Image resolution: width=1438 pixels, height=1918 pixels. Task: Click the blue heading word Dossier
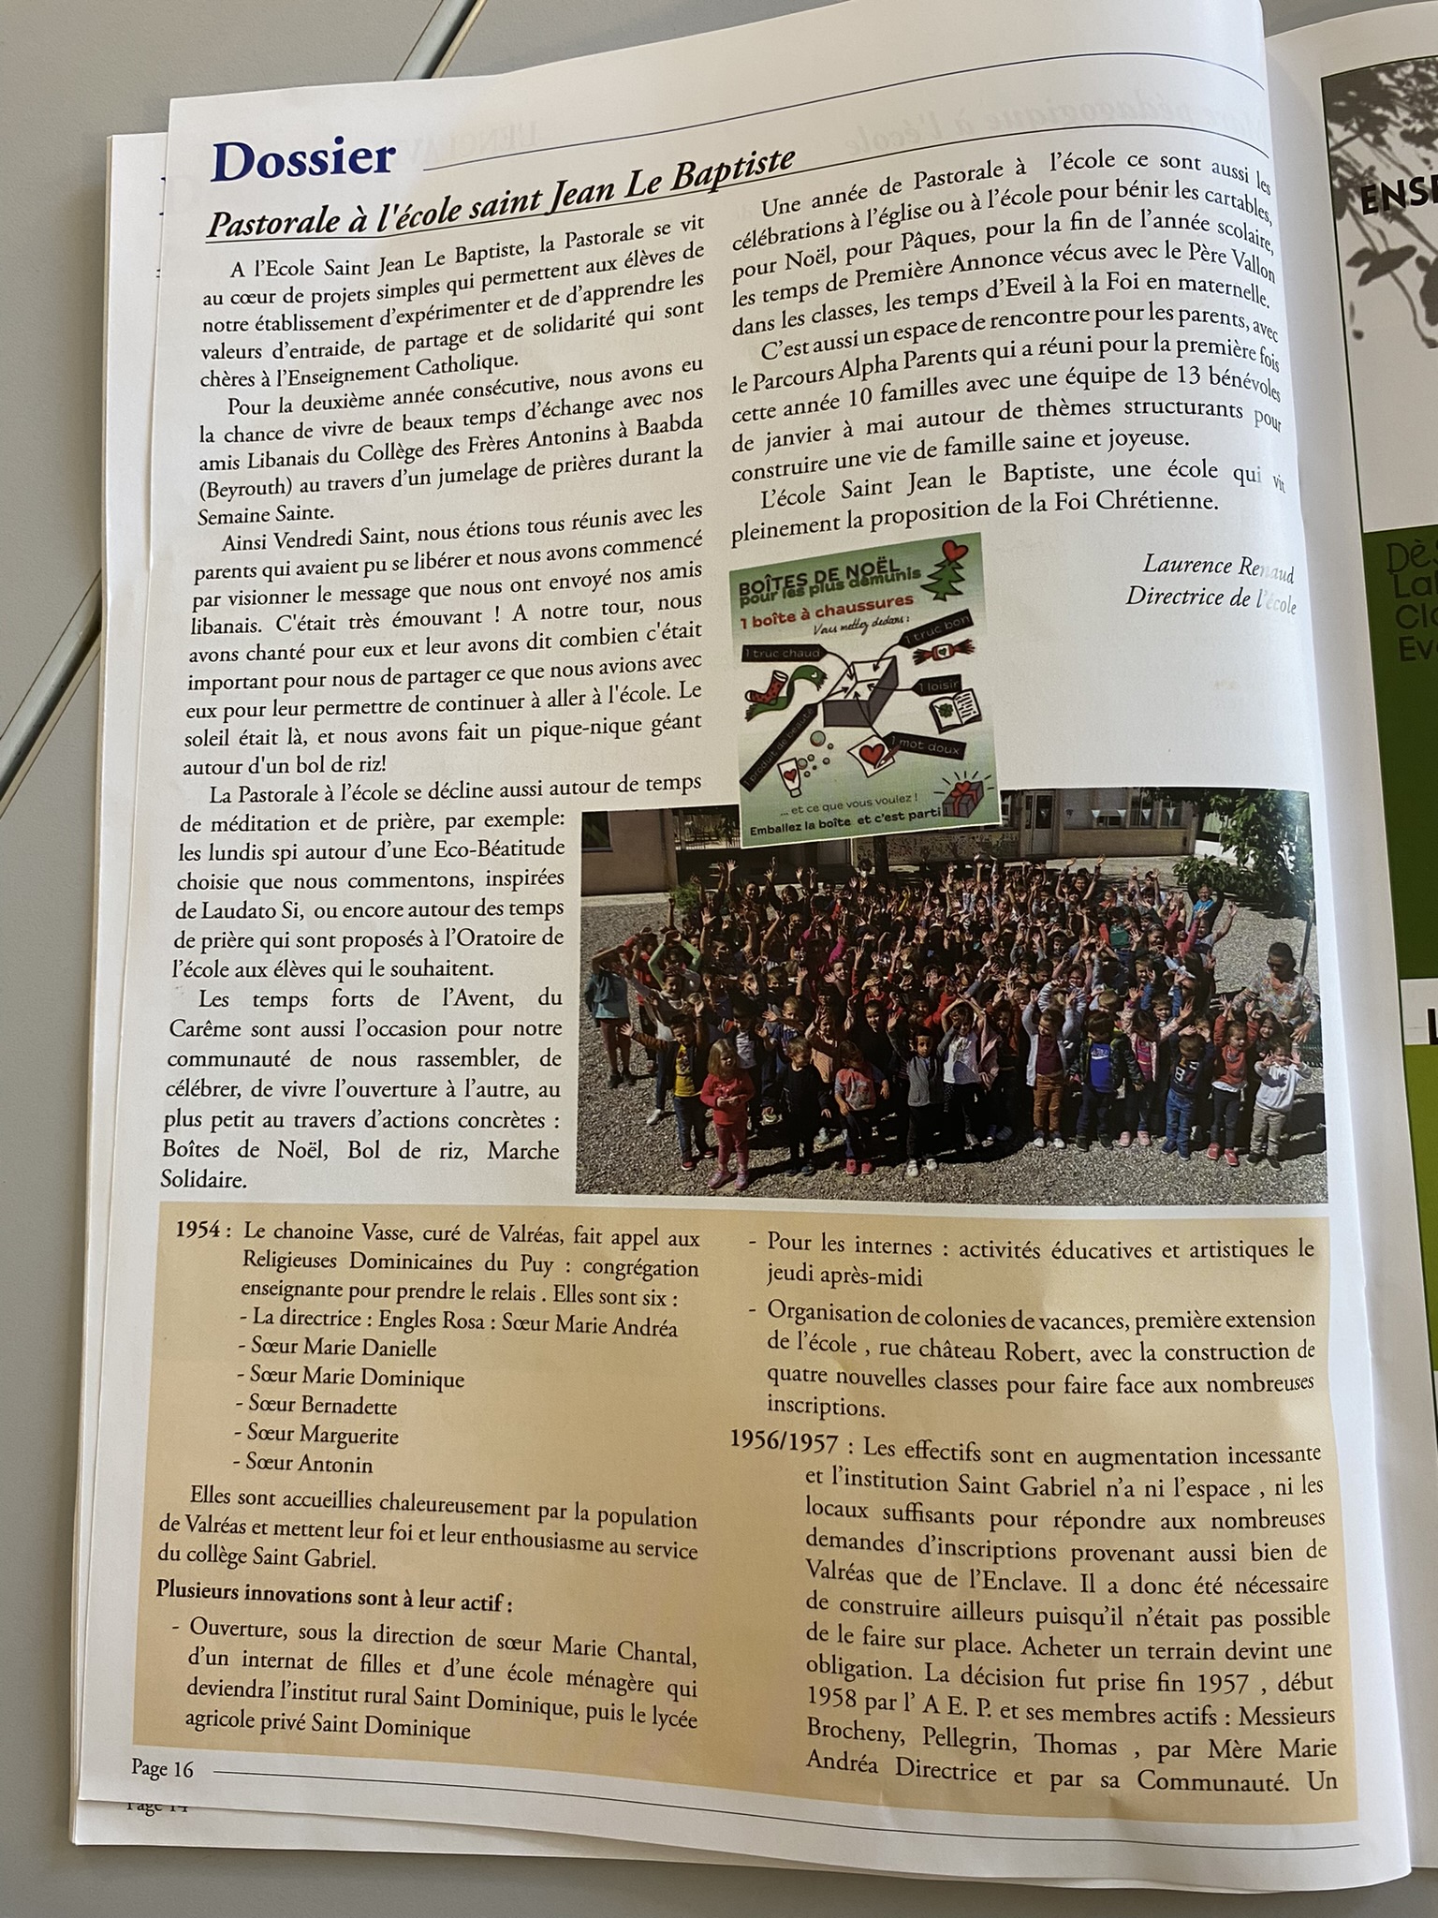tap(303, 159)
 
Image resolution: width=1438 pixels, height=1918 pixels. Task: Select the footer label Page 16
tap(162, 1768)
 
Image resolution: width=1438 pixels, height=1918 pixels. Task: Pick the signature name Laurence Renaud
tap(1217, 567)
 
